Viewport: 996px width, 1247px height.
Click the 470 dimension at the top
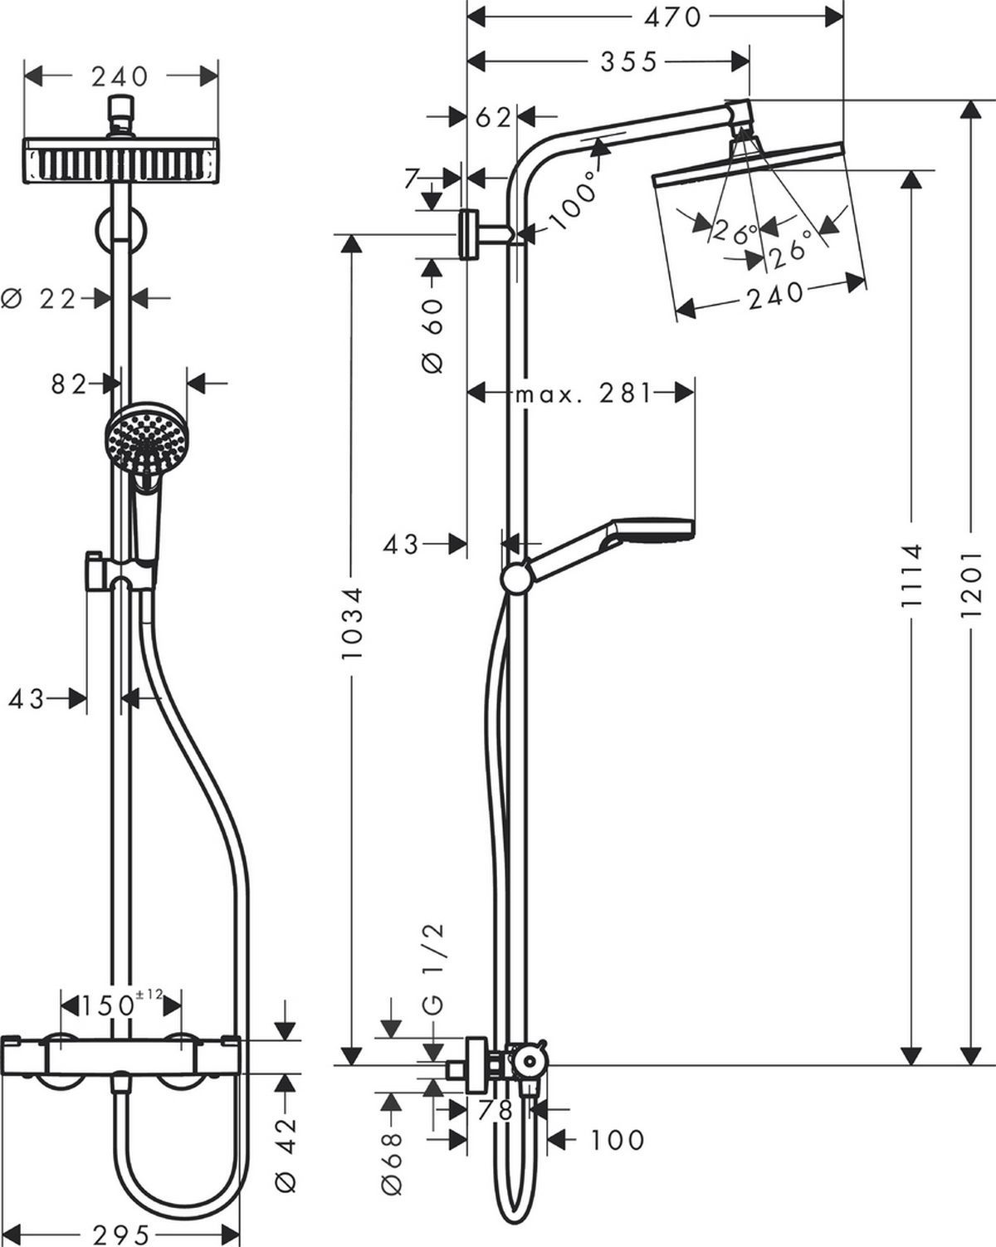pos(672,18)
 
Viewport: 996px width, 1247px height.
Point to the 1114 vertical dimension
pos(911,575)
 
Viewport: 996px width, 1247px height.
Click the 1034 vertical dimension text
pos(351,623)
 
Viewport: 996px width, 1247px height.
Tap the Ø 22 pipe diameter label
pos(39,299)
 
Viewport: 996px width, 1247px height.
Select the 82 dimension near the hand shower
pos(69,384)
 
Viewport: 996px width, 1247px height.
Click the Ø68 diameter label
pos(392,1160)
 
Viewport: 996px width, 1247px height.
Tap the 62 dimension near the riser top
pos(494,118)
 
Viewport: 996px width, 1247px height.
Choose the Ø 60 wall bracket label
pos(432,335)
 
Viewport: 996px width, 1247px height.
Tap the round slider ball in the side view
pos(515,579)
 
